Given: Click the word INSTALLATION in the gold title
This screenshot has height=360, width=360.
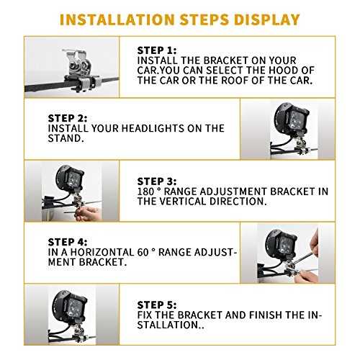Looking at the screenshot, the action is [x=117, y=19].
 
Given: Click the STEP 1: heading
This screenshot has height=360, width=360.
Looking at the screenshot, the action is [x=157, y=50].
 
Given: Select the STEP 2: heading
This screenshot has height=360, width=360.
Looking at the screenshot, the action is [x=68, y=118].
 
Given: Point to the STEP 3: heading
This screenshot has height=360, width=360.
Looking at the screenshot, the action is [x=157, y=181].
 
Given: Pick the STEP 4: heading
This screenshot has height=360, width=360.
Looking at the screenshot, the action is [x=68, y=242].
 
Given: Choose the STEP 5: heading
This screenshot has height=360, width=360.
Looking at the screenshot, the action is [x=157, y=305].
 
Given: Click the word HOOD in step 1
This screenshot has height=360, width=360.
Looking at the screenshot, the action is [x=284, y=71].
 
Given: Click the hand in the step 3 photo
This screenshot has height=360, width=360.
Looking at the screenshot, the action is [x=88, y=213].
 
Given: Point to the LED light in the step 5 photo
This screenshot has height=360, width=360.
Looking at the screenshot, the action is [x=69, y=307].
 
